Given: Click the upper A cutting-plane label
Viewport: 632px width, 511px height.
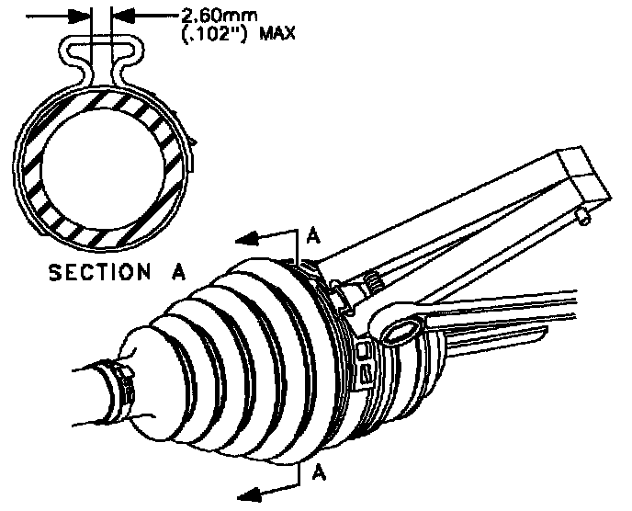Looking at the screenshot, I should pyautogui.click(x=311, y=236).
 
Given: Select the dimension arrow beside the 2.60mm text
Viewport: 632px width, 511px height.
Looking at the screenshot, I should pyautogui.click(x=121, y=14).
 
